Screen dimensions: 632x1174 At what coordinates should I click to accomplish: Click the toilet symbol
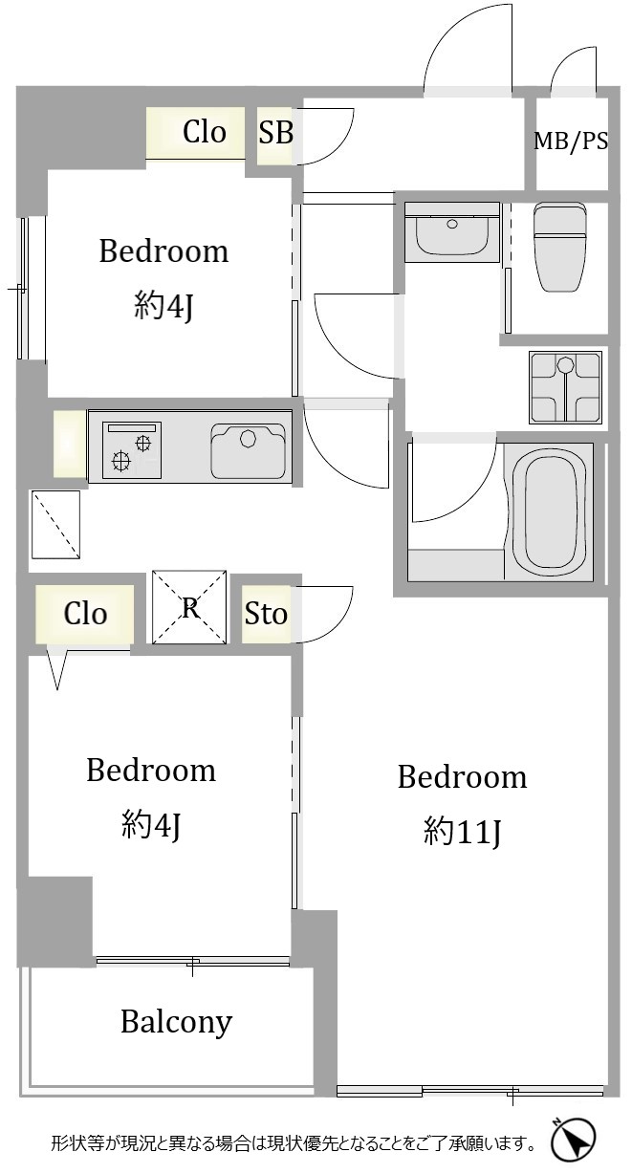pos(559,247)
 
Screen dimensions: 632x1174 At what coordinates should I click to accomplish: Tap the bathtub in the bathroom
pos(549,511)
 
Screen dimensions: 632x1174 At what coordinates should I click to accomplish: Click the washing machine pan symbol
pos(565,387)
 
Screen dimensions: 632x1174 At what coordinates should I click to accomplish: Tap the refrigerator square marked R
pos(189,606)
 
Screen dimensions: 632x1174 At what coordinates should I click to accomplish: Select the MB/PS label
pos(571,141)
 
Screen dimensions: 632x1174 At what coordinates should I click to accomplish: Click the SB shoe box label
pos(275,132)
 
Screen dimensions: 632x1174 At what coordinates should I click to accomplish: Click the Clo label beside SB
pos(205,132)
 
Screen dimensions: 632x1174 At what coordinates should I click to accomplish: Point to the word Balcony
pos(177,1022)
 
